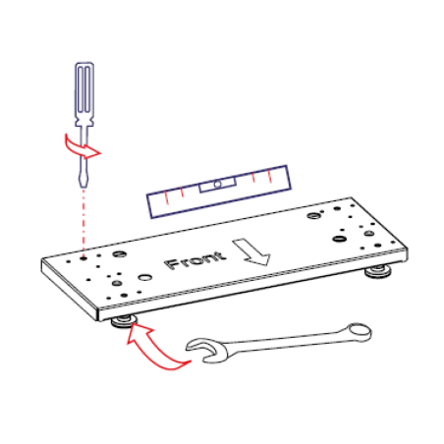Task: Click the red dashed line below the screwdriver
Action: [x=83, y=222]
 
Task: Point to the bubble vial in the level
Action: [x=217, y=185]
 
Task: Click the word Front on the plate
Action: [x=195, y=260]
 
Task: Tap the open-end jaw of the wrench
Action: [x=207, y=351]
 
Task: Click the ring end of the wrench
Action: [x=360, y=332]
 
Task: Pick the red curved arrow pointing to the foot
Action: [x=154, y=349]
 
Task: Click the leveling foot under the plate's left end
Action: [x=124, y=321]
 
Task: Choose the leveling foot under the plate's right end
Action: [x=378, y=271]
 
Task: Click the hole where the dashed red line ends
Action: [x=83, y=258]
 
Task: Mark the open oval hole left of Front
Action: [x=144, y=277]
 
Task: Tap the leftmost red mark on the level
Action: [x=166, y=197]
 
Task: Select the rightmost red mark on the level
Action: [x=269, y=176]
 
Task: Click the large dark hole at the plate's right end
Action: [x=339, y=239]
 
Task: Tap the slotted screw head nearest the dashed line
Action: [x=119, y=253]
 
